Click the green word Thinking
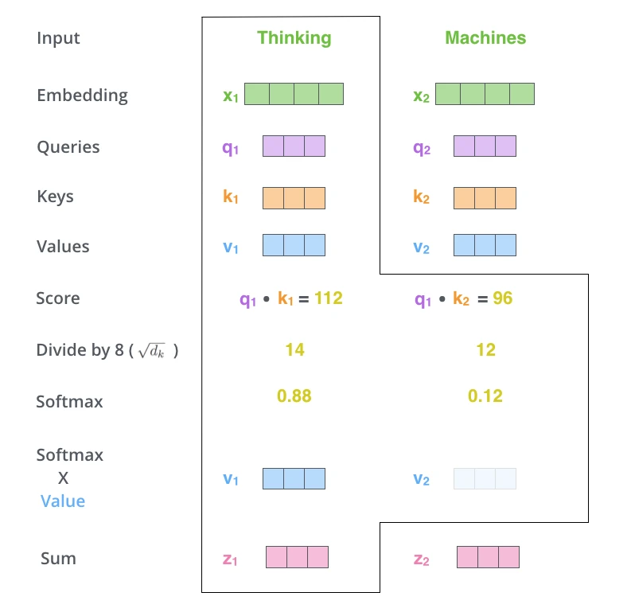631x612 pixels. [294, 39]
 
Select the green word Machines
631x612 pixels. [485, 38]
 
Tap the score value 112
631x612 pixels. [329, 298]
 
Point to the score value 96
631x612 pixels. [503, 298]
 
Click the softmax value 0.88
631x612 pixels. [294, 396]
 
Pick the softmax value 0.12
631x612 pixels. [485, 396]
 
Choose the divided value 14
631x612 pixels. [295, 349]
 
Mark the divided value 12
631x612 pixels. [485, 349]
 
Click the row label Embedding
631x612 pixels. [83, 96]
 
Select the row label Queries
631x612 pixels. [68, 147]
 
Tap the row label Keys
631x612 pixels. [55, 197]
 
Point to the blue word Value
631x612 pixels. [63, 501]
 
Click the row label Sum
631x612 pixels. [58, 559]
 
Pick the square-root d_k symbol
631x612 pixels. [151, 350]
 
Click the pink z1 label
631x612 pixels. [230, 559]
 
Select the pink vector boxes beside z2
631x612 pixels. [488, 557]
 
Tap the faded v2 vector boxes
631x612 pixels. [485, 478]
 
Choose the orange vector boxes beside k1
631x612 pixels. [294, 198]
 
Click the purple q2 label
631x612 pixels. [422, 149]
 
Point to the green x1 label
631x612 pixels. [231, 96]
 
